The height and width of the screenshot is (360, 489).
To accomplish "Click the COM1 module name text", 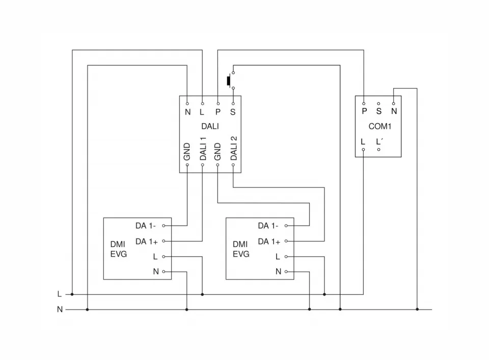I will tap(379, 126).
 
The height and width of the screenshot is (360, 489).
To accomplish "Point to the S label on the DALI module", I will tap(233, 112).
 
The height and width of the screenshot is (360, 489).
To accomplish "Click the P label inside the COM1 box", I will tap(364, 110).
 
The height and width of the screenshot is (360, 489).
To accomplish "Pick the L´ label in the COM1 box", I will tap(379, 142).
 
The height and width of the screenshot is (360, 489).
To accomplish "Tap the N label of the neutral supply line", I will tap(60, 309).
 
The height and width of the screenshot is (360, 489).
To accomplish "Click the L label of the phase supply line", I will tap(60, 294).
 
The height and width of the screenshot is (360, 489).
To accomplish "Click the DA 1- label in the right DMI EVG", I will tap(268, 226).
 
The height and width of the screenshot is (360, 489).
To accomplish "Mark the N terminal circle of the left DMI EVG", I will tap(164, 271).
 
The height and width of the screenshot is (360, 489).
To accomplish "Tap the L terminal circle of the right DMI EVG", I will tap(286, 256).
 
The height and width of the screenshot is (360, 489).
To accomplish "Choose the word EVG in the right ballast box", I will tap(241, 254).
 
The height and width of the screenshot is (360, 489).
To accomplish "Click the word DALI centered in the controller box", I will tap(210, 126).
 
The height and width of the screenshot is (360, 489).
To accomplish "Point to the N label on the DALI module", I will tap(187, 112).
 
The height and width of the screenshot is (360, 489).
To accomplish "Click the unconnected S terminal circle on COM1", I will tap(378, 103).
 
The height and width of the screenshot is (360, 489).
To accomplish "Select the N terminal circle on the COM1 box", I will tap(394, 103).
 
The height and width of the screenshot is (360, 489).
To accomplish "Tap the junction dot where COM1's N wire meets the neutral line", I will tap(417, 309).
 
